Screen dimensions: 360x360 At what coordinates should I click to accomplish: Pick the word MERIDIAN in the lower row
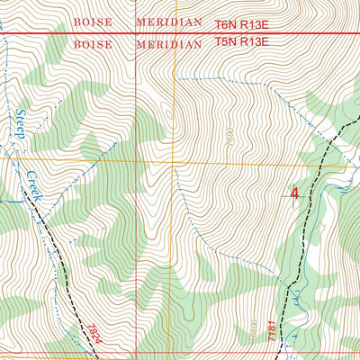[169, 43]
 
